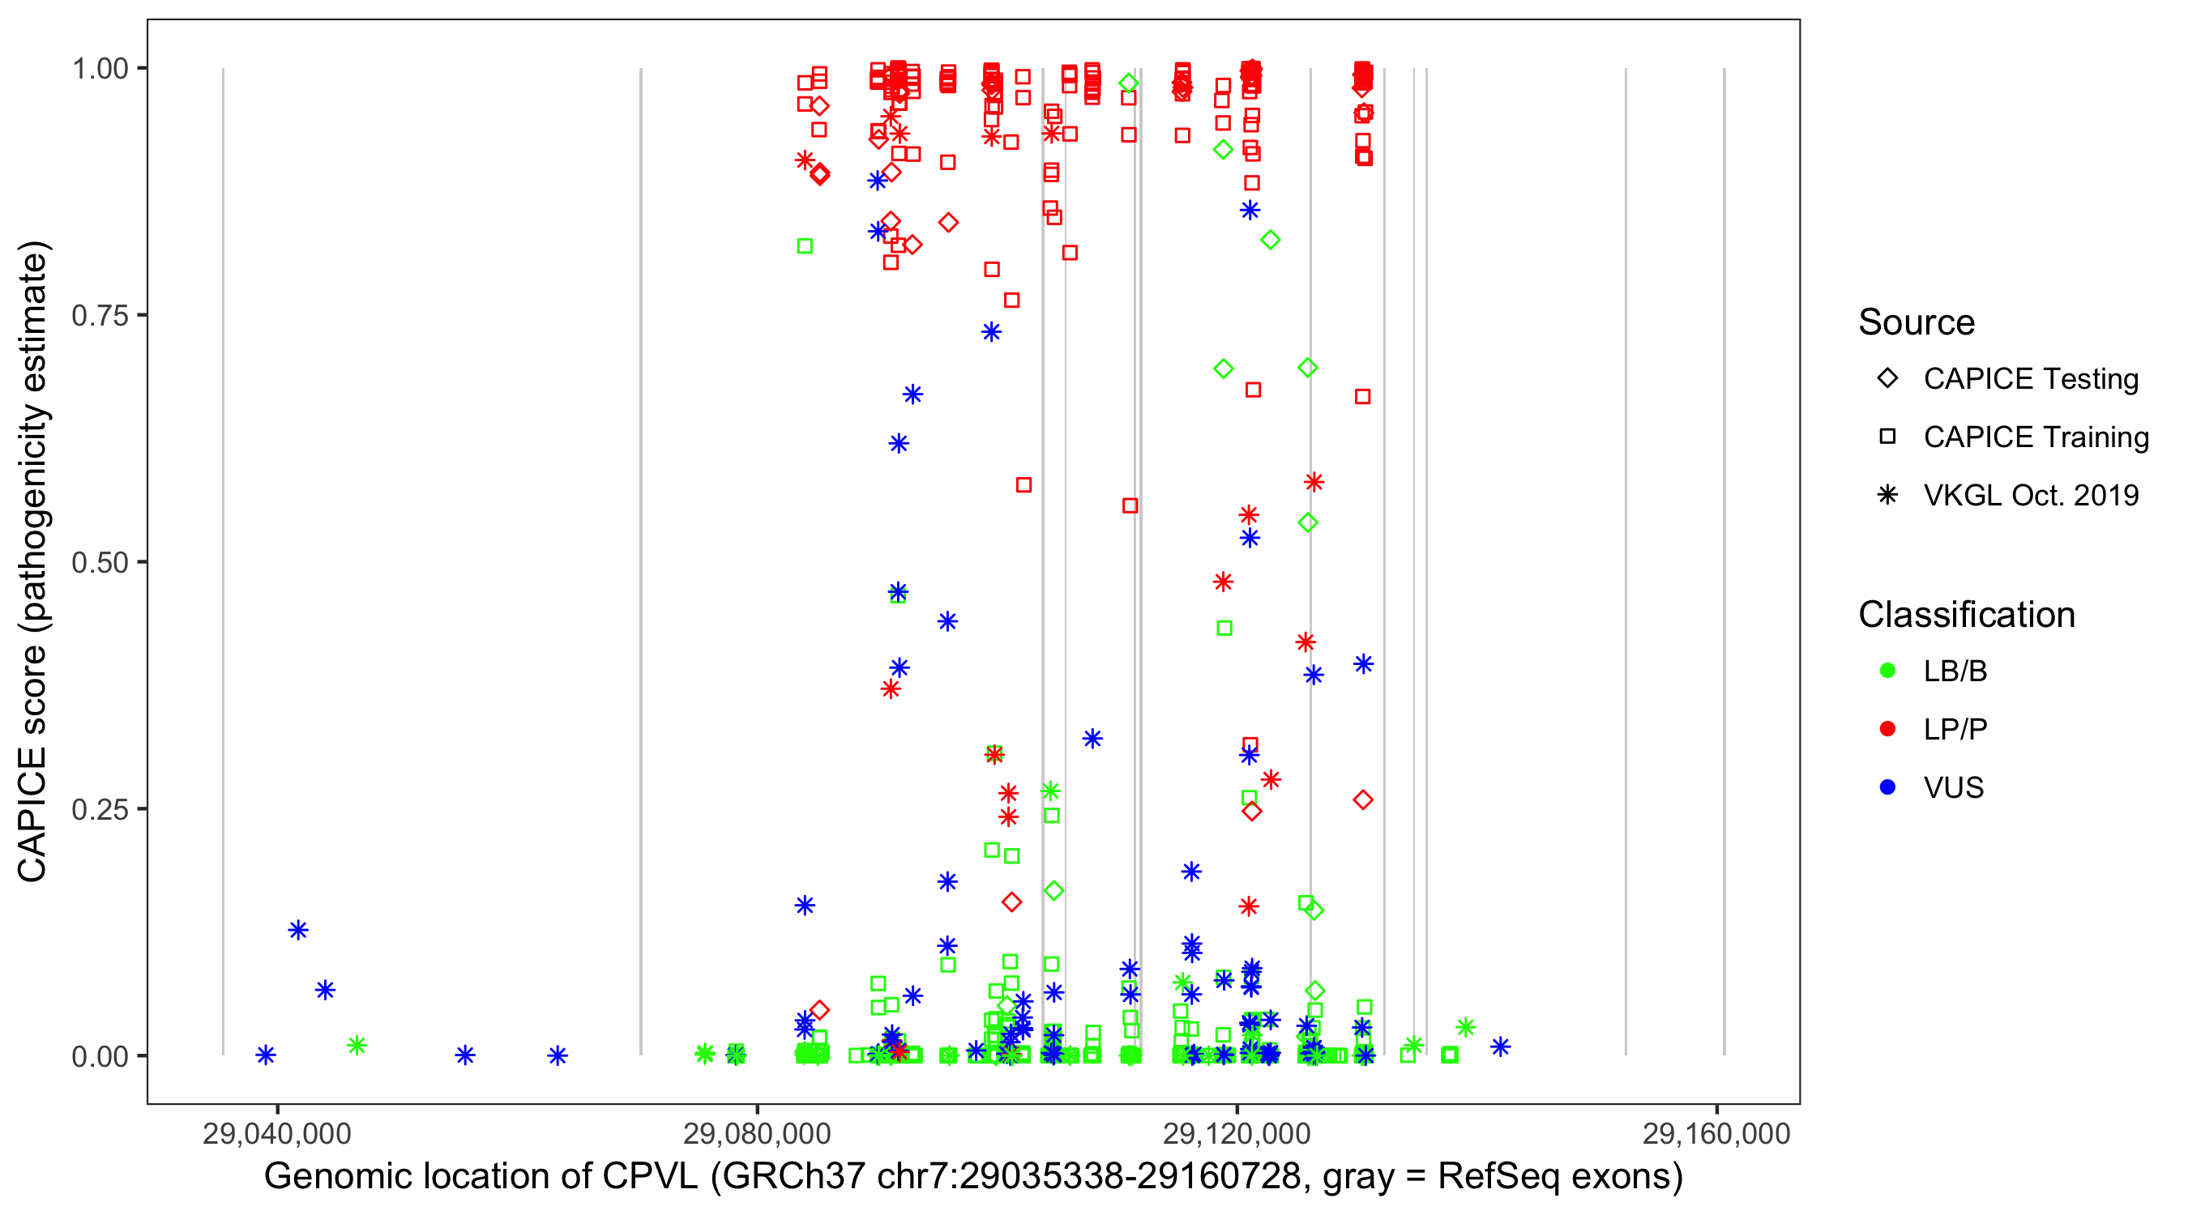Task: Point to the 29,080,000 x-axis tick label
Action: pyautogui.click(x=757, y=1133)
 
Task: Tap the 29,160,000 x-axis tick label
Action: pyautogui.click(x=1716, y=1133)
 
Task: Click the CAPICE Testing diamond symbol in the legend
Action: pyautogui.click(x=1887, y=379)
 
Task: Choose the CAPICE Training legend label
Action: pyautogui.click(x=2036, y=437)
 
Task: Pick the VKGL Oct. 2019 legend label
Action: pyautogui.click(x=2031, y=496)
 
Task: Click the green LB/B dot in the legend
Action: pyautogui.click(x=1887, y=671)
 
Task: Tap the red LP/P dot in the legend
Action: pyautogui.click(x=1887, y=729)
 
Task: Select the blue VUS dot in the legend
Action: pyautogui.click(x=1887, y=788)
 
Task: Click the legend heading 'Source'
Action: pyautogui.click(x=1917, y=322)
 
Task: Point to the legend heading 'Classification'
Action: pyautogui.click(x=1966, y=615)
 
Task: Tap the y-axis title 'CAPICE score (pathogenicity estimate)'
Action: pyautogui.click(x=34, y=562)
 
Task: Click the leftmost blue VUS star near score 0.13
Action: pyautogui.click(x=298, y=930)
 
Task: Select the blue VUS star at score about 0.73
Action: pyautogui.click(x=991, y=332)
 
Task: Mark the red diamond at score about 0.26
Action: pyautogui.click(x=1363, y=799)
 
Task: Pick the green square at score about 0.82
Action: pyautogui.click(x=806, y=246)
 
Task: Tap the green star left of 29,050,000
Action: pyautogui.click(x=357, y=1045)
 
